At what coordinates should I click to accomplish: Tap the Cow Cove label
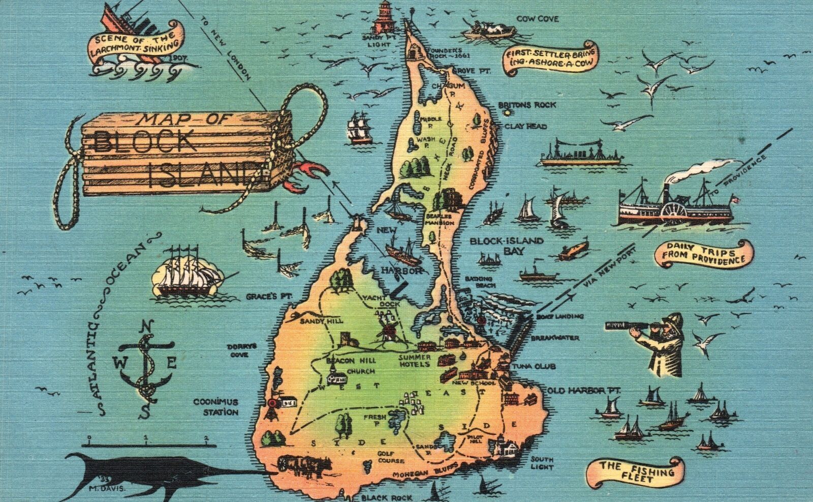(x=537, y=19)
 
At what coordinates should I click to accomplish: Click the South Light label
(x=541, y=462)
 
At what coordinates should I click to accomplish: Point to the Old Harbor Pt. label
(x=577, y=390)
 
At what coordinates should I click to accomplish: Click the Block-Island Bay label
(x=499, y=245)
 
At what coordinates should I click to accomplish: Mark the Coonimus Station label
(x=215, y=406)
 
